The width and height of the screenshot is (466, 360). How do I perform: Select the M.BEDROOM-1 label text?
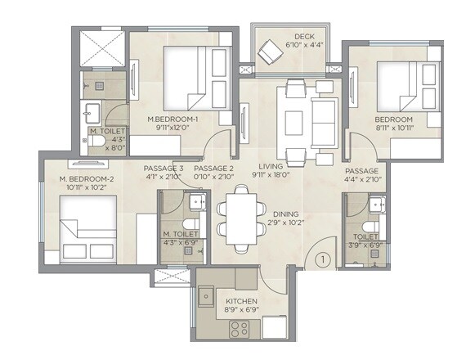click(173, 123)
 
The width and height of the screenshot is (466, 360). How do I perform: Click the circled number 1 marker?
click(323, 260)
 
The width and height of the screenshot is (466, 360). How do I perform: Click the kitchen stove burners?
click(240, 331)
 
